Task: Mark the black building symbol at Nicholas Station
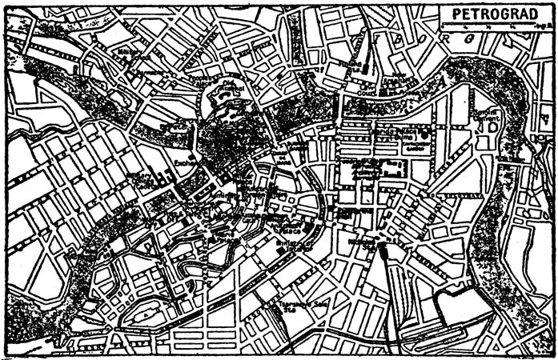[383, 252]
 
